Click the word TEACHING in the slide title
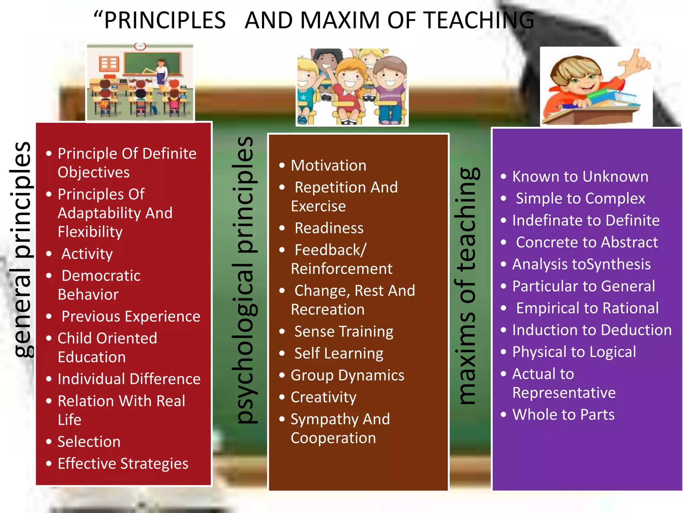tap(479, 20)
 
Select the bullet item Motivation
tap(329, 166)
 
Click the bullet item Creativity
tap(323, 397)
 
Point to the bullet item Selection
tap(89, 442)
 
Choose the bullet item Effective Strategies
tap(123, 464)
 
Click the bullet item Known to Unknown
tap(580, 177)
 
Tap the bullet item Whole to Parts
tap(563, 415)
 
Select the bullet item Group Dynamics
tap(347, 375)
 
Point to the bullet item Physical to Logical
tap(574, 352)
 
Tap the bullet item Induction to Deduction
tap(592, 330)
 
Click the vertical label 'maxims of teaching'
tap(467, 286)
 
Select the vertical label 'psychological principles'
tap(246, 281)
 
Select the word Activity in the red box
tap(87, 254)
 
